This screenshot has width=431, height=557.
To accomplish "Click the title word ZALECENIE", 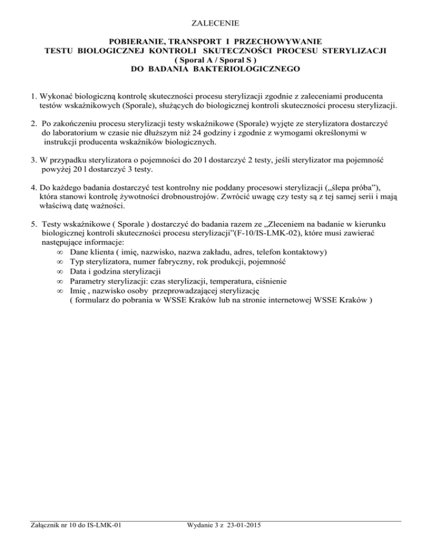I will pos(215,24).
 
